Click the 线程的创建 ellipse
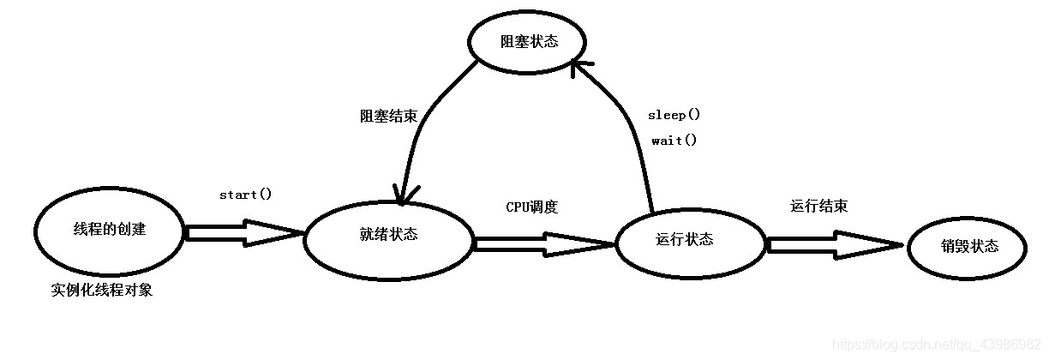click(x=110, y=230)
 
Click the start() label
click(x=245, y=195)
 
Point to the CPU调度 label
click(x=531, y=207)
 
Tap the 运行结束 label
click(x=819, y=207)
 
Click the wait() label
click(x=674, y=141)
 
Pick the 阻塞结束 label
click(x=388, y=117)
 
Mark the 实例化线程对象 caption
click(x=101, y=290)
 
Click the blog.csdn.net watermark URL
click(x=939, y=344)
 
